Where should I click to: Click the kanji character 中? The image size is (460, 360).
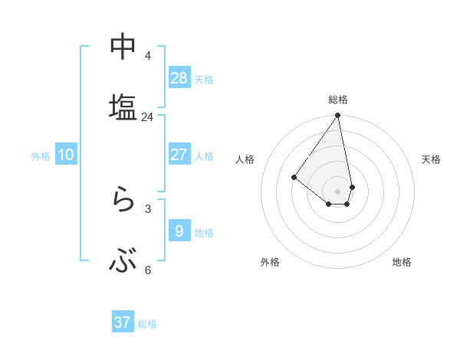pos(123,47)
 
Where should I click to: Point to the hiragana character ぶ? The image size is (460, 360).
pos(123,263)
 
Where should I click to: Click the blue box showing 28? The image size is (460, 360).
pos(179,77)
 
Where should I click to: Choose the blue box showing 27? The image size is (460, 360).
pos(179,154)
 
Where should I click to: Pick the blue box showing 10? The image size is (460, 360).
pos(66,154)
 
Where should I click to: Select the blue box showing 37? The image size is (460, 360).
pos(123,322)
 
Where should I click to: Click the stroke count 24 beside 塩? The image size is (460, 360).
pos(147,117)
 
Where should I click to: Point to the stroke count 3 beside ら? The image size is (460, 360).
pos(147,208)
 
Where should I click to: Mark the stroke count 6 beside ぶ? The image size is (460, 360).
pos(147,270)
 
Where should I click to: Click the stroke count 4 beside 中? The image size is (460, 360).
pos(147,56)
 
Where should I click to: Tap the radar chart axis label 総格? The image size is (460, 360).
pos(338,100)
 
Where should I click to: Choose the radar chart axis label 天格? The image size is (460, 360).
pos(431,159)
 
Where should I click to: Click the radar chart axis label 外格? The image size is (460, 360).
pos(270,262)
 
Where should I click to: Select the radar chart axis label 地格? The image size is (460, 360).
pos(402,262)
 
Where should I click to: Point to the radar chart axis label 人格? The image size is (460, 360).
pos(245,159)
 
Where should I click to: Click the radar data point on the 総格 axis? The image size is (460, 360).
pos(338,116)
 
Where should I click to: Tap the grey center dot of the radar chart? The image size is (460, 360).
pos(338,191)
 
